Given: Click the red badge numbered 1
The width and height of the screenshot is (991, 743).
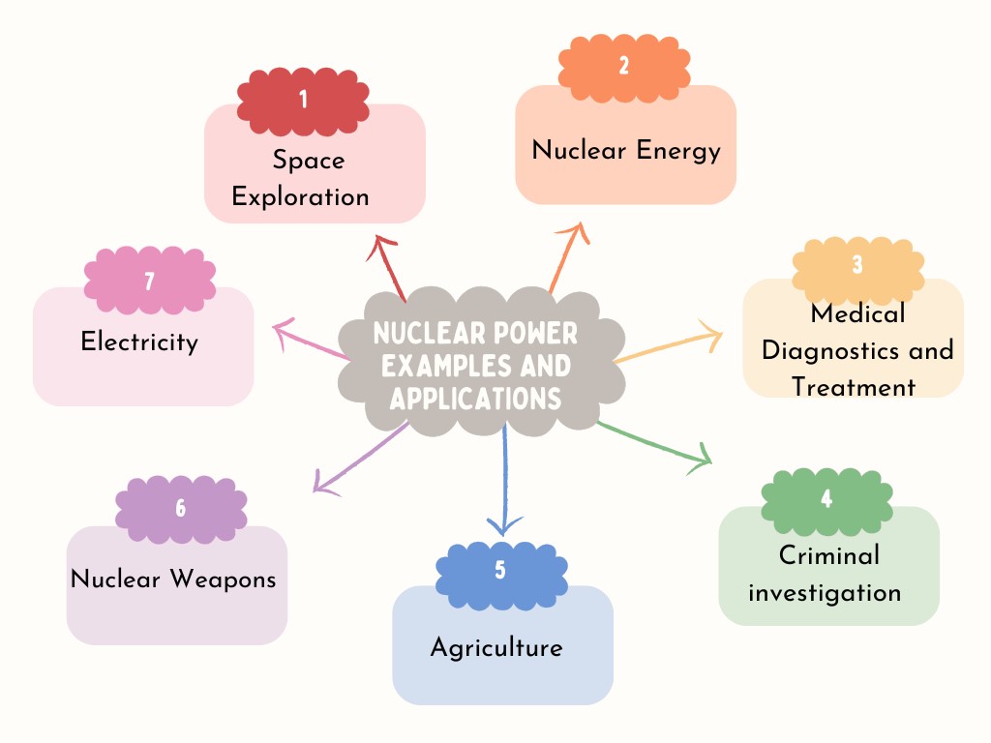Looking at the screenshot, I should click(x=303, y=99).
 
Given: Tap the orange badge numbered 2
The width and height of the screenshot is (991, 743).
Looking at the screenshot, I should click(x=623, y=66).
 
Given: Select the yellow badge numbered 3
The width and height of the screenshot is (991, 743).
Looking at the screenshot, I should click(x=857, y=265).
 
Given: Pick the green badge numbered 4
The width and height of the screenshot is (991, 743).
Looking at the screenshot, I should click(x=826, y=499).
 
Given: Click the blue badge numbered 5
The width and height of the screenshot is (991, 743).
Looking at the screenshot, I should click(x=500, y=570).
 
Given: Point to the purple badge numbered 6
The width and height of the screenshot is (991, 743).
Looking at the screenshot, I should click(x=181, y=508).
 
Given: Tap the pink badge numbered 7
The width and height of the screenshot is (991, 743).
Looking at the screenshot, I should click(x=149, y=281).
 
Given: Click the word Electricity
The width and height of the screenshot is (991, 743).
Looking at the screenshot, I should click(x=139, y=342).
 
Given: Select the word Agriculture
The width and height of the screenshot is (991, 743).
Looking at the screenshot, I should click(x=496, y=646).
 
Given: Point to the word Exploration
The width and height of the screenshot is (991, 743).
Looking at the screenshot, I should click(x=301, y=197).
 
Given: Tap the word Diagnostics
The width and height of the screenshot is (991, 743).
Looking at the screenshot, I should click(x=829, y=349).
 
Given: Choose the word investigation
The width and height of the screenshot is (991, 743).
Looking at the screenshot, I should click(x=825, y=592).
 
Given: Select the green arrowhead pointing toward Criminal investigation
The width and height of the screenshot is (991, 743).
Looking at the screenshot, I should click(x=701, y=459).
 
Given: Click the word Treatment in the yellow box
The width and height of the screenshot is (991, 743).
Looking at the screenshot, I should click(x=854, y=387).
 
